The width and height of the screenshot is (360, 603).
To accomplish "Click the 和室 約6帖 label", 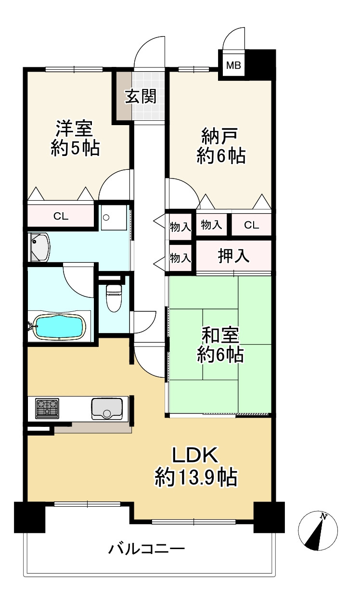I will [221, 344].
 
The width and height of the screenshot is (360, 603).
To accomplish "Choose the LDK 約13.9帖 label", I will [195, 465].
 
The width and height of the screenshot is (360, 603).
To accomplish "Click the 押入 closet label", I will [234, 256].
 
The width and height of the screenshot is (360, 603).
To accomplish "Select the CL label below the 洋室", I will [61, 216].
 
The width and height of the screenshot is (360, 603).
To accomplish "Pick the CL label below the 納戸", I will [251, 225].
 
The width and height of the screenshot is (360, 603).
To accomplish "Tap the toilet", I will [114, 297].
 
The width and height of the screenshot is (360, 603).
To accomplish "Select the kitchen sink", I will [107, 410].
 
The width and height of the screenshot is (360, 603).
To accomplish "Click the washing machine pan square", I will [114, 217].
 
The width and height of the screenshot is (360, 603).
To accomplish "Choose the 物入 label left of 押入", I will [180, 257].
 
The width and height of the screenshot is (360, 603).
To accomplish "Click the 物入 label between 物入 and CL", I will [212, 224].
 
